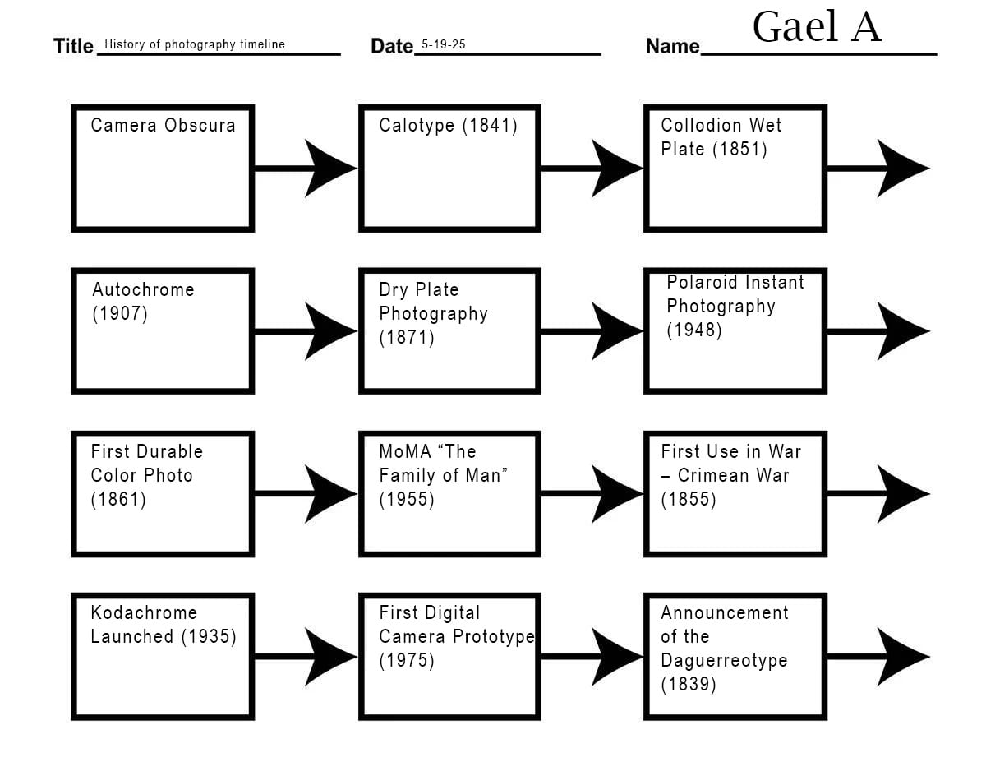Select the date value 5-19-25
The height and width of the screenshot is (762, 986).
tap(444, 44)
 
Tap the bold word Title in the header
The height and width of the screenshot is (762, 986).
tap(73, 46)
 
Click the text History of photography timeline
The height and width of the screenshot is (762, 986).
tap(195, 44)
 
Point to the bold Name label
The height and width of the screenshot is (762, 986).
tap(672, 46)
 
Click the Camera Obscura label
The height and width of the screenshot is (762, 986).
tap(163, 125)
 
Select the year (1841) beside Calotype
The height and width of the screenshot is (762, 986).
tap(490, 126)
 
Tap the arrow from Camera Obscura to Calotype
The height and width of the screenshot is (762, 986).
tap(306, 169)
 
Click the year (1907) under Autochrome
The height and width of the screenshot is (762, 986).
tap(120, 314)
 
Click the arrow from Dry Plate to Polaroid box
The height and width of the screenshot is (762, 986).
tap(592, 331)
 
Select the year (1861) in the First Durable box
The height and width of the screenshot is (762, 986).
tap(118, 500)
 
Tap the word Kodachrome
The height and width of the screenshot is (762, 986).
tap(144, 612)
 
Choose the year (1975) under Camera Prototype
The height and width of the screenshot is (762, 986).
tap(407, 660)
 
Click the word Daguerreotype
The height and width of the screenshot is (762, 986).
tap(724, 661)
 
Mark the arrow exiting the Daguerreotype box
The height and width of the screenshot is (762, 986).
tap(878, 656)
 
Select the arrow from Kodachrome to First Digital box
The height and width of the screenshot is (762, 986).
tap(306, 656)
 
